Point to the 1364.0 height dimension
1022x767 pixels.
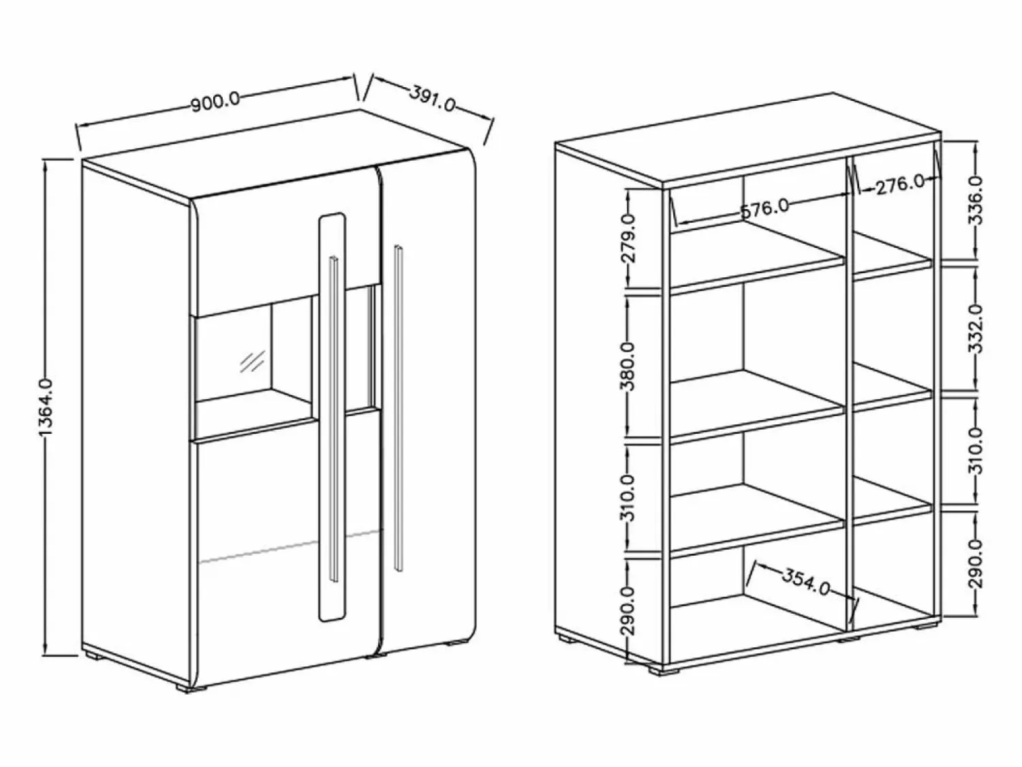47,407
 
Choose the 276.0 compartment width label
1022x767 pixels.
900,185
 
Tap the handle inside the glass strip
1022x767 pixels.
334,418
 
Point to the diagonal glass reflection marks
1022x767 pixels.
252,362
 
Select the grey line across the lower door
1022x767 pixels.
289,546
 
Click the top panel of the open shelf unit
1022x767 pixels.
748,140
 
